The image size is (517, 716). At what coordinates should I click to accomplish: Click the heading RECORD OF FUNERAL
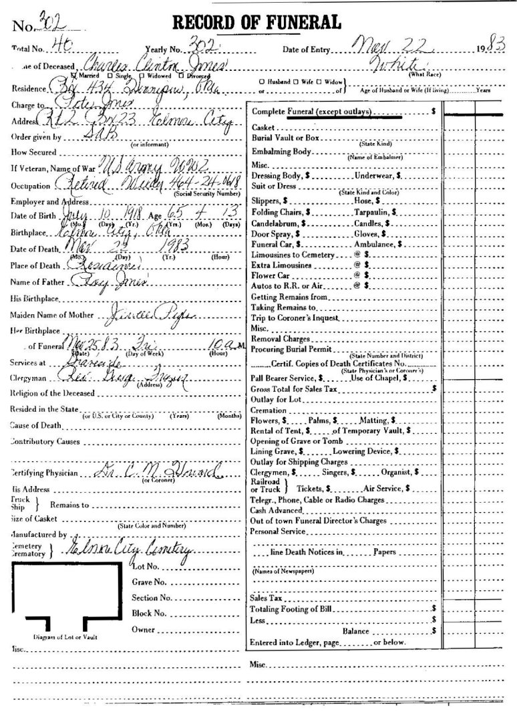pyautogui.click(x=257, y=22)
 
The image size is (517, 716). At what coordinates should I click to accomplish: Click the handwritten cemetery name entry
pyautogui.click(x=127, y=550)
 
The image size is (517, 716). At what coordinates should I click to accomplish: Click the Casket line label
pyautogui.click(x=262, y=127)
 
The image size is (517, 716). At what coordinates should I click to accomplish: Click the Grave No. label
pyautogui.click(x=148, y=582)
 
